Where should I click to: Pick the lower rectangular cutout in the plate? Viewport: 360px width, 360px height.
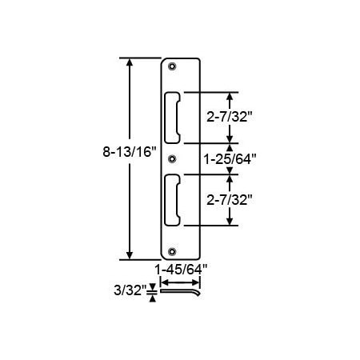point(173,200)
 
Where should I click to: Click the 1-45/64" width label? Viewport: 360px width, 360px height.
point(178,270)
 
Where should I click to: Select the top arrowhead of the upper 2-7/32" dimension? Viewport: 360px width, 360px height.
point(231,94)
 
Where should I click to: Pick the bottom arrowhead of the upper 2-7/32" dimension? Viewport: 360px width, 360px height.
point(231,138)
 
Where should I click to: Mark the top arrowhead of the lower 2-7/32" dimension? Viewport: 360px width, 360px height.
point(231,178)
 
